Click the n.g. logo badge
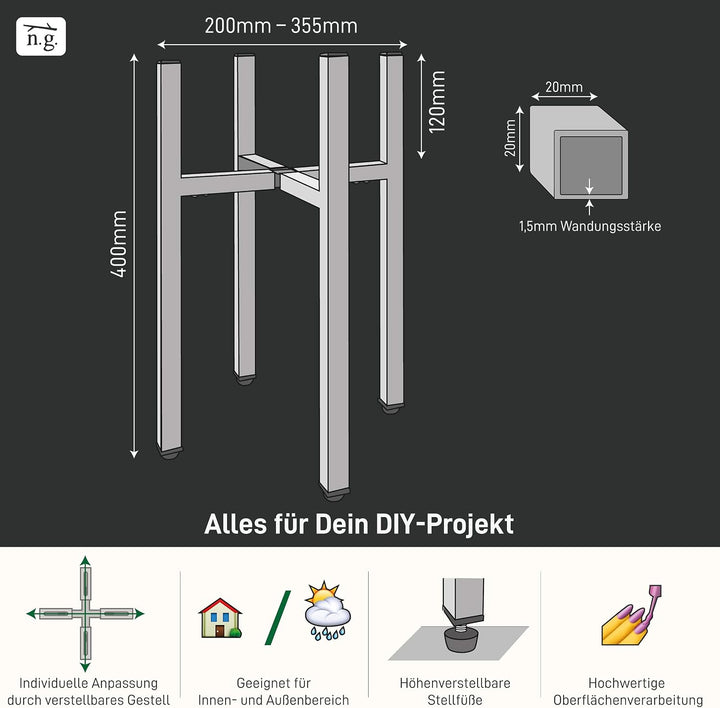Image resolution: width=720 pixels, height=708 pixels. coord(41,36)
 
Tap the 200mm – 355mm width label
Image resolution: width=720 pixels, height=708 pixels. coord(281,26)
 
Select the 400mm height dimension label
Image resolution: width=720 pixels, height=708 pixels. coord(118,244)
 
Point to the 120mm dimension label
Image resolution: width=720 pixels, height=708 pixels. coord(437,102)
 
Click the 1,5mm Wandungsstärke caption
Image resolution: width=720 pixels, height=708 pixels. coord(590,226)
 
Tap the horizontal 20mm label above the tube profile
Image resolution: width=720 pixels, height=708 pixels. coord(564,87)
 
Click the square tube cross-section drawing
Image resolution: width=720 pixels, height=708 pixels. coord(579,152)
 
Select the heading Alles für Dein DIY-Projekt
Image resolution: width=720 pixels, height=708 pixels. coord(359,524)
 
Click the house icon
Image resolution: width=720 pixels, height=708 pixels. coord(220,618)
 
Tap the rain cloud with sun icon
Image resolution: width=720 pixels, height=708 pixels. coord(327,611)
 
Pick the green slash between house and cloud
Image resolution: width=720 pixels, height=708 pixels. coord(278,618)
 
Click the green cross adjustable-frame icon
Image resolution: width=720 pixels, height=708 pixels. coord(85,613)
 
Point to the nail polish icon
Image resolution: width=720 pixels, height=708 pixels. coord(632,615)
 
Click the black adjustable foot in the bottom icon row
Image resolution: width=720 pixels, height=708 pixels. coord(462,638)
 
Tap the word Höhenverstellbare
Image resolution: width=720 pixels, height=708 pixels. coord(455,683)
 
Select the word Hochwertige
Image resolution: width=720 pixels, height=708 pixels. coord(626,683)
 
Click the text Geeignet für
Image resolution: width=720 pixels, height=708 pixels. coord(274,683)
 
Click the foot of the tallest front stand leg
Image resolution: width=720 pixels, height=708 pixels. coord(334,496)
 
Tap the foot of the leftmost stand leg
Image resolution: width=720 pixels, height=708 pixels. coord(170,455)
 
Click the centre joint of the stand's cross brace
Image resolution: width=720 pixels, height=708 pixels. coord(278,177)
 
